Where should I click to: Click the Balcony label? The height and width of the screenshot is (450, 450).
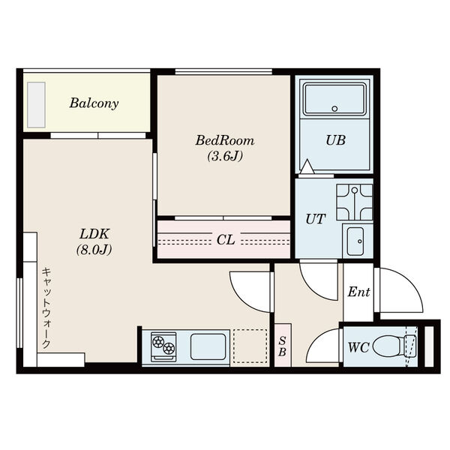[x=94, y=103]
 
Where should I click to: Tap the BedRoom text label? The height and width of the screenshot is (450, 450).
[x=225, y=141]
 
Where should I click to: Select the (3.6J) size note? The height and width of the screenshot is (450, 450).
[x=225, y=157]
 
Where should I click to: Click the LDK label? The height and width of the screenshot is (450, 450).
[x=94, y=234]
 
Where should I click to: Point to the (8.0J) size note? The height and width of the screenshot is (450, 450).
[x=94, y=250]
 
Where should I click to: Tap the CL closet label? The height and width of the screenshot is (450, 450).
[x=226, y=240]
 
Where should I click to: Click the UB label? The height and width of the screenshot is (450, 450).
[x=335, y=140]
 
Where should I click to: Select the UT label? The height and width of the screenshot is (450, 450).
[x=316, y=219]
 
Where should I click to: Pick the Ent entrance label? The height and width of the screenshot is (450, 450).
[x=358, y=292]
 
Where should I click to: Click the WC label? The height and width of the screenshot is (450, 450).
[x=358, y=347]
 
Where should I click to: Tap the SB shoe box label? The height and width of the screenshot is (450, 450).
[x=283, y=346]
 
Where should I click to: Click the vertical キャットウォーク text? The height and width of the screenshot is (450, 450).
[x=46, y=308]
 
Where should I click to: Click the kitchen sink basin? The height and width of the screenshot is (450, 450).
[x=208, y=346]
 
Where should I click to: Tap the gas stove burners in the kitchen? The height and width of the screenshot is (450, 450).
[x=163, y=345]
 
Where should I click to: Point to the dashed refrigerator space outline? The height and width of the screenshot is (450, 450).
[x=250, y=346]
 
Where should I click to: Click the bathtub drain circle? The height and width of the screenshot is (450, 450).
[x=334, y=109]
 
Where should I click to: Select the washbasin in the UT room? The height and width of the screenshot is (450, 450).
[x=355, y=241]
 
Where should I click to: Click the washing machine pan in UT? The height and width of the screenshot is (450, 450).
[x=355, y=202]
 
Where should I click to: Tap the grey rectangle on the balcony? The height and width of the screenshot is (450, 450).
[x=37, y=105]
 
